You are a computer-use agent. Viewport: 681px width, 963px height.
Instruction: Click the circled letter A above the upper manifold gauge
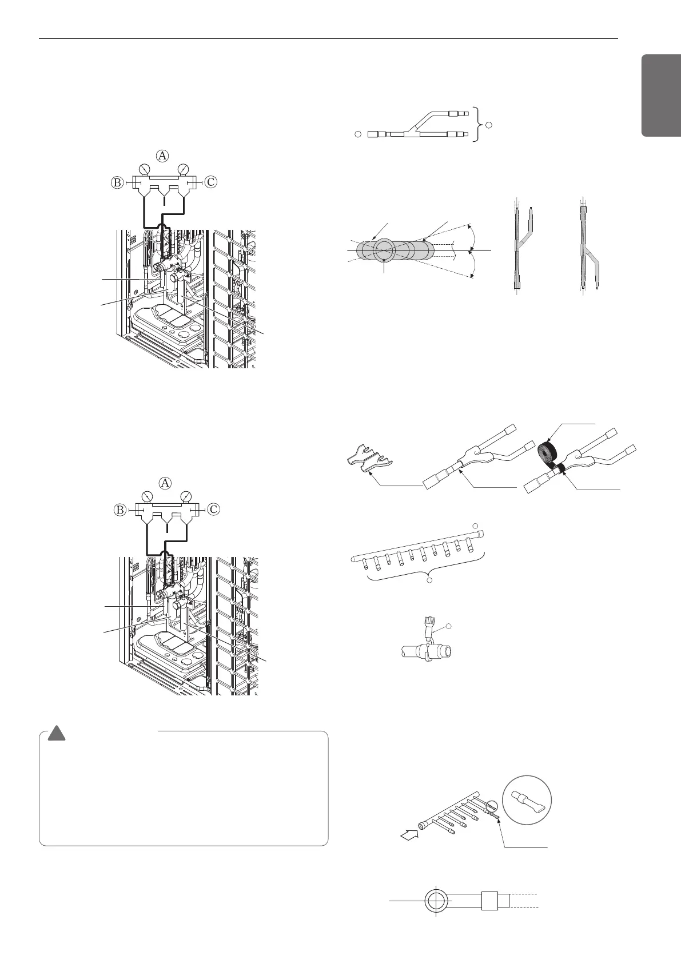point(163,156)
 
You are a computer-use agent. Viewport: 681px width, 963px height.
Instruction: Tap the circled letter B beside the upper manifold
point(117,182)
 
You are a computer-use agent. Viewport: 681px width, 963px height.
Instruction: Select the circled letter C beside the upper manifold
point(211,182)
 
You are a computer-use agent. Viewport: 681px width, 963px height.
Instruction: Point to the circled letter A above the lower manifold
point(165,483)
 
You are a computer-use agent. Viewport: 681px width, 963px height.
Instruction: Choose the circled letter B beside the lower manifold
point(119,509)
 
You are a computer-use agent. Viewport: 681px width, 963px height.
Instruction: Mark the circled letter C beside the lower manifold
point(212,509)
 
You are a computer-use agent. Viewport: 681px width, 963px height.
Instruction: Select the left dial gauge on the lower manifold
point(147,496)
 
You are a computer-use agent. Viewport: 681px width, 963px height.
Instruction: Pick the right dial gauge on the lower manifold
point(185,496)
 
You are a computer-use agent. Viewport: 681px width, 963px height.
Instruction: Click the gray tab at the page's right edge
point(662,95)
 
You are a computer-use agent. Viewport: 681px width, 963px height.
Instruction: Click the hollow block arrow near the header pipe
point(409,838)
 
